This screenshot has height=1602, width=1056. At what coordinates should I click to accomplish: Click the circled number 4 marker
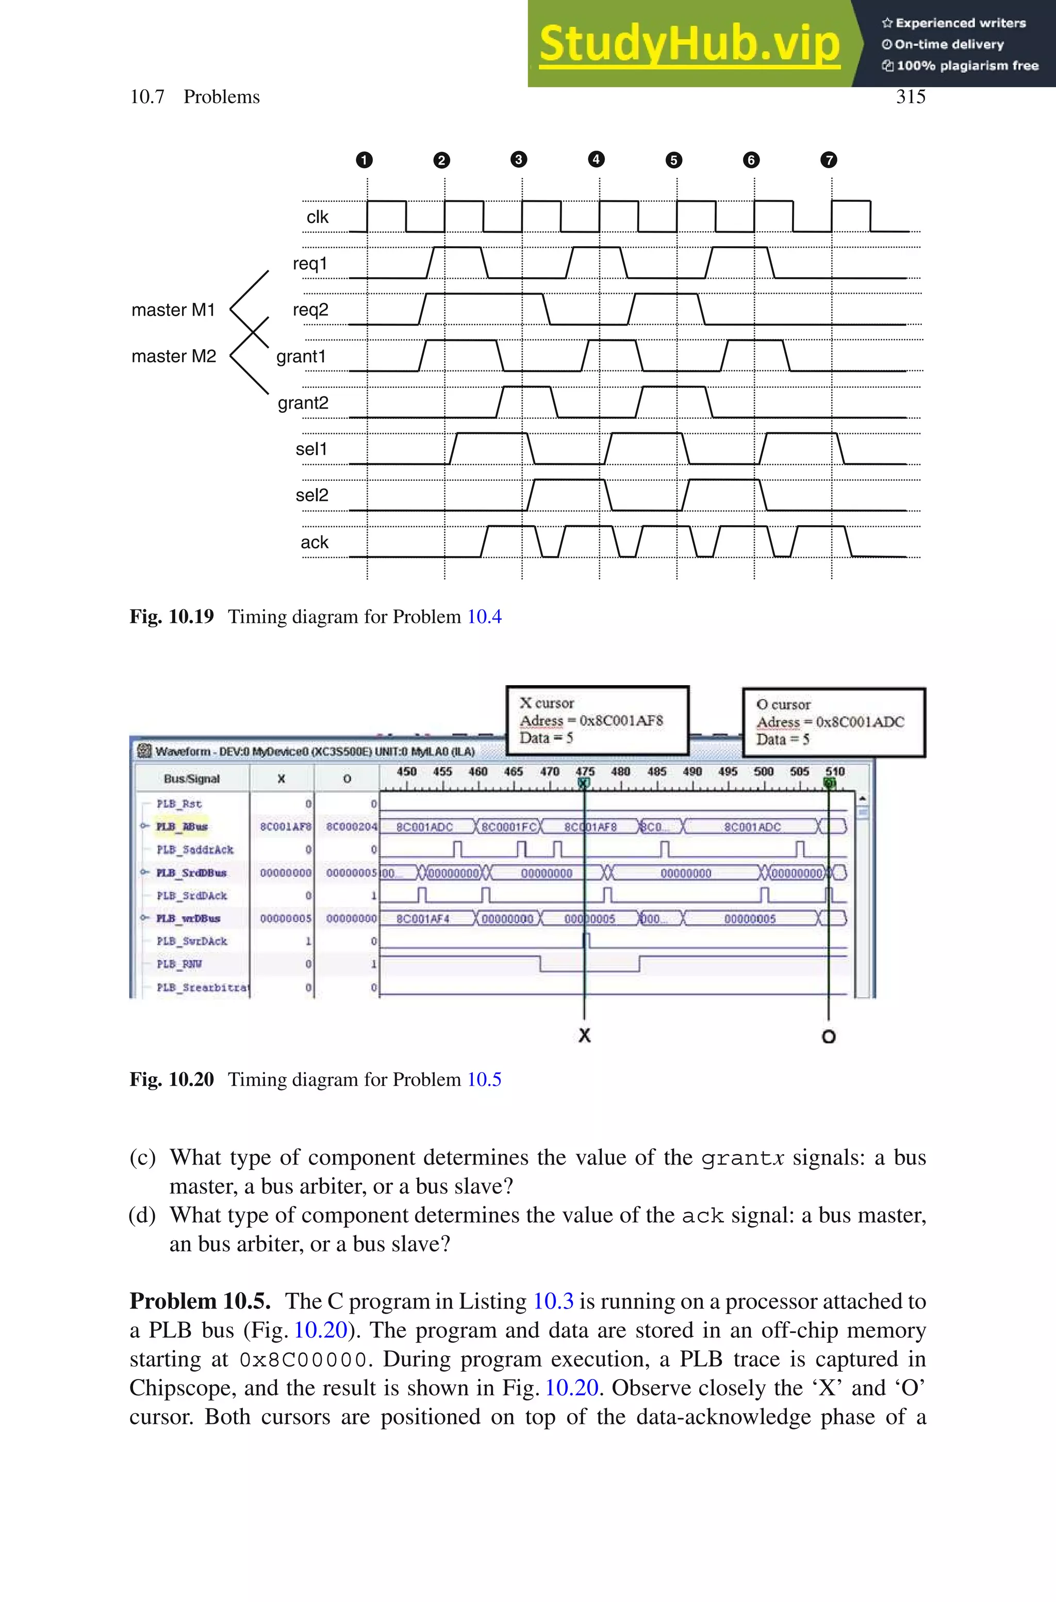[x=596, y=159]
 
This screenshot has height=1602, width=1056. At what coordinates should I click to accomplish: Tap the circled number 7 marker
[x=829, y=159]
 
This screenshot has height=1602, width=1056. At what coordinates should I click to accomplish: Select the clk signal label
[x=317, y=217]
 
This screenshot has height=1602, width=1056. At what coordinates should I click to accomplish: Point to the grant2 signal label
[x=303, y=403]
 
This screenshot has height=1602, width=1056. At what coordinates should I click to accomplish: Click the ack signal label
[x=315, y=542]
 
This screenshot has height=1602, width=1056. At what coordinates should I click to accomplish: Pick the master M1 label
[x=173, y=310]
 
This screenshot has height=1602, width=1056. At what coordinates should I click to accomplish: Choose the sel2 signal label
[x=312, y=495]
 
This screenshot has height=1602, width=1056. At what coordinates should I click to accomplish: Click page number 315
[x=910, y=97]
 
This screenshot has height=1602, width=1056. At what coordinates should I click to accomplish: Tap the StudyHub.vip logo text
[x=689, y=44]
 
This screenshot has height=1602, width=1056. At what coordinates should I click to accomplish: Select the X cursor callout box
[x=598, y=720]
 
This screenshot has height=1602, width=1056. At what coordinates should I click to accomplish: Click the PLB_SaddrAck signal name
[x=194, y=850]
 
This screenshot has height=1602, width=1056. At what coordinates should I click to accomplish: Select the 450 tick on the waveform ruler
[x=406, y=772]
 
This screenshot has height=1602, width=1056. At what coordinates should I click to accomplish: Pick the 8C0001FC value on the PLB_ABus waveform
[x=508, y=827]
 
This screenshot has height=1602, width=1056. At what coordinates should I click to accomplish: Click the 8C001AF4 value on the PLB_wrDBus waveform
[x=423, y=919]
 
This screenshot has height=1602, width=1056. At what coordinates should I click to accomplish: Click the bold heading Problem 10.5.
[x=200, y=1301]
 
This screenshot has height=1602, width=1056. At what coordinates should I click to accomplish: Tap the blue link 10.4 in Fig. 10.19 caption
[x=484, y=617]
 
